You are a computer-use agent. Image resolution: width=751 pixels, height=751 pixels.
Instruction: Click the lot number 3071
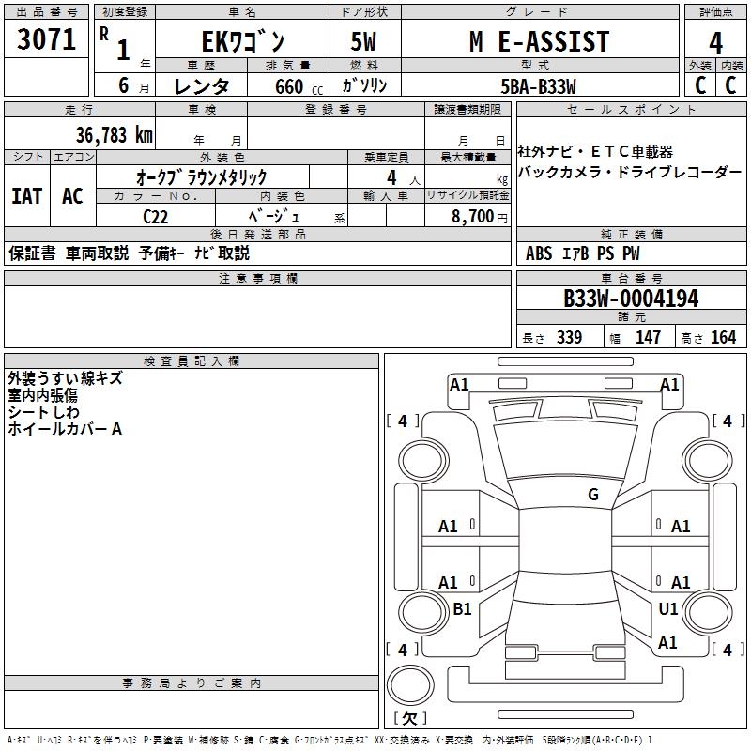[x=47, y=40]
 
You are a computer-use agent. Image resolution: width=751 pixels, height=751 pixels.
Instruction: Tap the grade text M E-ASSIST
[x=539, y=41]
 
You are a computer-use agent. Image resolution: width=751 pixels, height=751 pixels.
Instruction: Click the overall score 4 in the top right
[x=715, y=42]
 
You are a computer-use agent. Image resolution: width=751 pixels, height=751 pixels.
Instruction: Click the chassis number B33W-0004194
[x=631, y=299]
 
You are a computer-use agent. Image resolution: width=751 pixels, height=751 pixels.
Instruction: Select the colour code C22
[x=158, y=215]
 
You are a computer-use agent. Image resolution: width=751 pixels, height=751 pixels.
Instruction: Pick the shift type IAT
[x=26, y=196]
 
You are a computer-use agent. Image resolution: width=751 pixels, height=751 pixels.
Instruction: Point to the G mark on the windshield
[x=592, y=495]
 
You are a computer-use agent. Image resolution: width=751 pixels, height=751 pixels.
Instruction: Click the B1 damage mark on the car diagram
[x=462, y=609]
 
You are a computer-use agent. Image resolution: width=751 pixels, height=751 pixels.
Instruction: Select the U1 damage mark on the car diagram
[x=667, y=609]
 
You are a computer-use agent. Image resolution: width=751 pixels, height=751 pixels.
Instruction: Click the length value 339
[x=569, y=337]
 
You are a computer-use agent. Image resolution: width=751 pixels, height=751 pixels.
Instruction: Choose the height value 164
[x=723, y=337]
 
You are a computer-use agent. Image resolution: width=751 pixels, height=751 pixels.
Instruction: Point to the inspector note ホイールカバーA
[x=65, y=429]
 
